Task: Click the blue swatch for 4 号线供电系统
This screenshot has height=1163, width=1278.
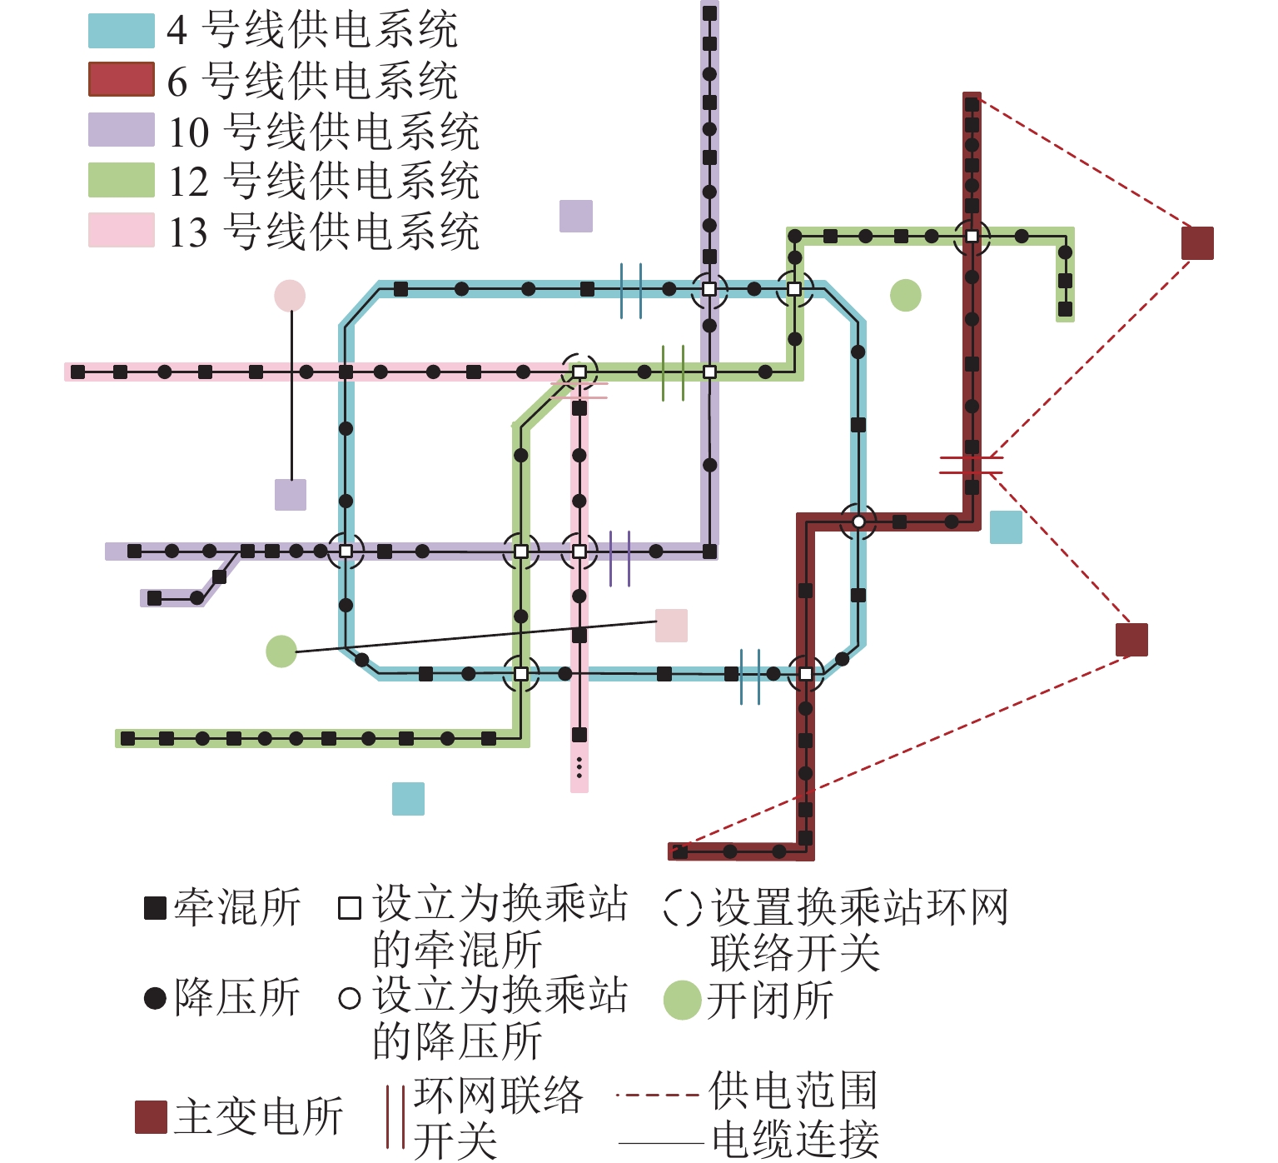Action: coord(122,30)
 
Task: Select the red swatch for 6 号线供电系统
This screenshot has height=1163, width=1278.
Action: coord(122,80)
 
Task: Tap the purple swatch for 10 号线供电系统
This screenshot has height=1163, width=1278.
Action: coord(122,130)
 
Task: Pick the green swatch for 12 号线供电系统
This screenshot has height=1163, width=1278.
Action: coord(122,180)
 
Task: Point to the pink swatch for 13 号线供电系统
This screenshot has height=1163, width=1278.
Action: coord(122,230)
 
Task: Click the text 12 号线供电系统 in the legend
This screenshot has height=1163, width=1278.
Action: coord(324,181)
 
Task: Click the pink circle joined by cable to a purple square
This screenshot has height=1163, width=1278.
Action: coord(290,296)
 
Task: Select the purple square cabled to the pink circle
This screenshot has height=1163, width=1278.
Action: coord(291,495)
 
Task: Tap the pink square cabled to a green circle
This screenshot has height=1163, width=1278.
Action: coord(671,626)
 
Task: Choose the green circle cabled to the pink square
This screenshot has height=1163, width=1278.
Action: coord(281,651)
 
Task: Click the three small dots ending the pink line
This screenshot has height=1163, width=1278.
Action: coord(579,767)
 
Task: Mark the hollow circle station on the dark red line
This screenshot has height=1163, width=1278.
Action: coord(858,522)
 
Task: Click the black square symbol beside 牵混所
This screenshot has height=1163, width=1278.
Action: coord(156,908)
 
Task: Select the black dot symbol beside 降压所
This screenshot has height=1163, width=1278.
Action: coord(156,998)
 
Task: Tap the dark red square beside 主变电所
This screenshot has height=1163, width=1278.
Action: coord(152,1117)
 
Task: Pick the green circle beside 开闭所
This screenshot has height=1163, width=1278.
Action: coord(682,1001)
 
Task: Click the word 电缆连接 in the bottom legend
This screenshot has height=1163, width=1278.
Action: coord(795,1139)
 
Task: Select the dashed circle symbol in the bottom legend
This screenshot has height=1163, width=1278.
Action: coord(683,907)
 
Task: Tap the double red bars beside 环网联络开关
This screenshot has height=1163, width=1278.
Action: coord(396,1116)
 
